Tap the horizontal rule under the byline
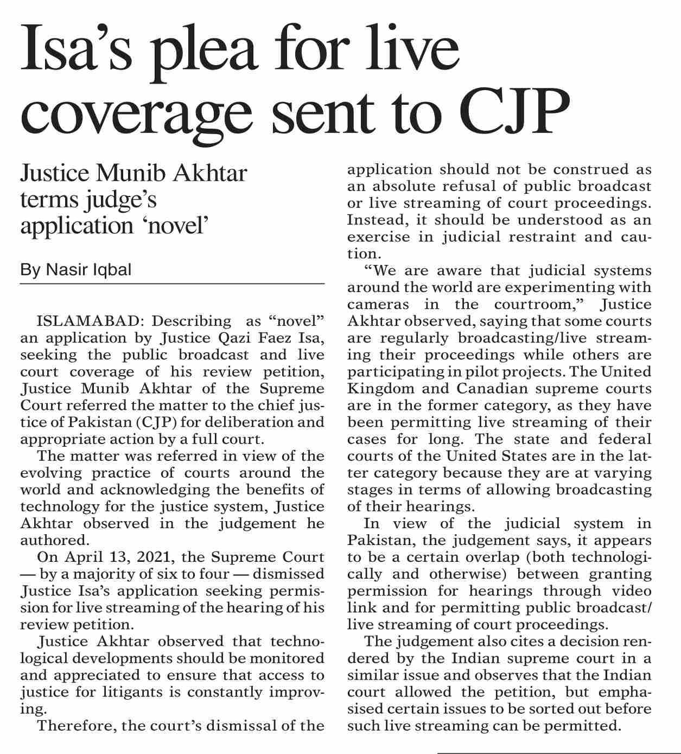(x=172, y=284)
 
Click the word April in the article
(x=82, y=557)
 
